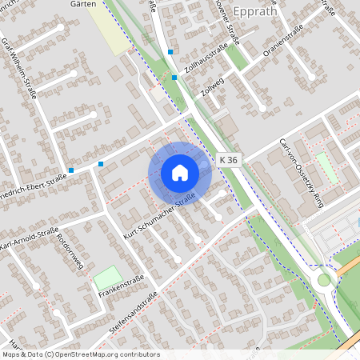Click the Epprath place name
[255, 11]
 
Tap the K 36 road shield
[228, 160]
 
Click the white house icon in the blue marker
[180, 173]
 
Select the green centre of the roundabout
[323, 280]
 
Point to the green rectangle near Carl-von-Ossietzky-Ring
[326, 166]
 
